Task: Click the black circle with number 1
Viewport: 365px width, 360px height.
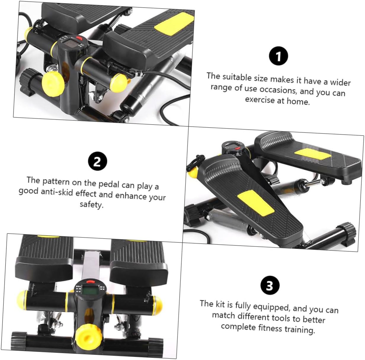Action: click(x=278, y=57)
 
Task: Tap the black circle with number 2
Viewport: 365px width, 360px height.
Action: click(x=97, y=162)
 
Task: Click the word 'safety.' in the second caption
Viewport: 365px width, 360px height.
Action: click(x=91, y=205)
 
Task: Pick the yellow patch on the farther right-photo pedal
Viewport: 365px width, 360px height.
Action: click(x=313, y=154)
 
